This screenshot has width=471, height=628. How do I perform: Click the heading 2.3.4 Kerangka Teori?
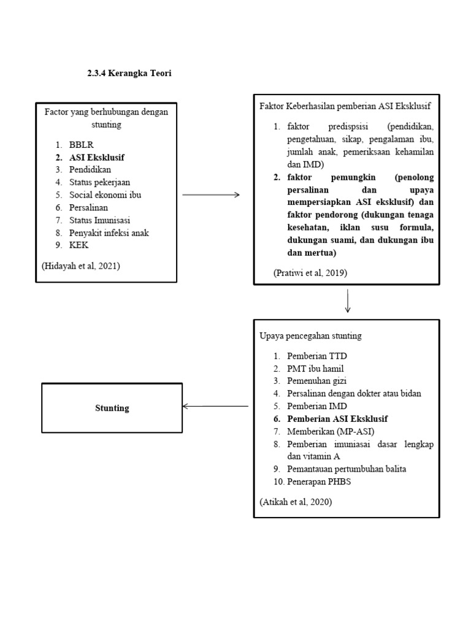coord(129,74)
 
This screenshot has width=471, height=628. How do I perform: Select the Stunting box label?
coord(112,408)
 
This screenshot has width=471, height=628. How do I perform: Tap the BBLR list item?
coord(82,145)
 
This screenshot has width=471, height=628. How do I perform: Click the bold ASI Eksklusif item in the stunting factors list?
coord(97,158)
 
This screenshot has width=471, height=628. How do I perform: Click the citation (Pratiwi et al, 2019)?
coord(310,274)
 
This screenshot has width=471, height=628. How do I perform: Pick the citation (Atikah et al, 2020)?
coord(296,502)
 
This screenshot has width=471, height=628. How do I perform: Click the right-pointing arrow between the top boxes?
coord(211,195)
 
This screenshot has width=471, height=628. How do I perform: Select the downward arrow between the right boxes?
coord(348,301)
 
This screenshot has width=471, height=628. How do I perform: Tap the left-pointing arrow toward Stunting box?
coord(216,406)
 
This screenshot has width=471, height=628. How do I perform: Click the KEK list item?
coord(79,245)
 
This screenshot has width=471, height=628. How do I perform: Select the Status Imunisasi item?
coord(99,220)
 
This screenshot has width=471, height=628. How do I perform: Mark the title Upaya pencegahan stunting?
coord(311,336)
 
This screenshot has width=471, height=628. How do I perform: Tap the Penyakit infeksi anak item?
coord(109,232)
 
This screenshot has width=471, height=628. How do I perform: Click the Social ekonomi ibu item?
coord(105,195)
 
